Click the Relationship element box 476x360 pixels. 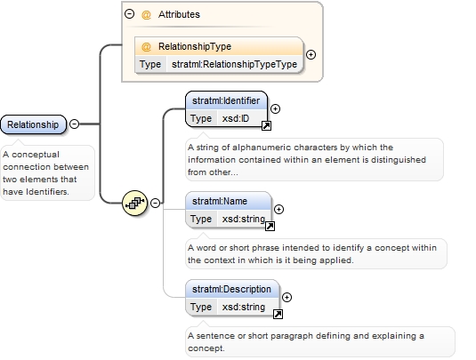(x=33, y=124)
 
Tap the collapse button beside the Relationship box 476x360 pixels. (x=75, y=124)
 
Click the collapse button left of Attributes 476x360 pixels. (x=130, y=13)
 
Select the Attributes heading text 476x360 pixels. (x=179, y=14)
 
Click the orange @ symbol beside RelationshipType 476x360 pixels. (x=146, y=47)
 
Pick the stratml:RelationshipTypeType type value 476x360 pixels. (x=234, y=64)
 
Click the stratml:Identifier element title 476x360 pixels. (x=226, y=100)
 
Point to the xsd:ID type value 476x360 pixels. (x=236, y=118)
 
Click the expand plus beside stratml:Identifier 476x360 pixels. (x=275, y=108)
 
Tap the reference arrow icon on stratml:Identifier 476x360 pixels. (x=266, y=125)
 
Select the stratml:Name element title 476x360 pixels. (x=220, y=201)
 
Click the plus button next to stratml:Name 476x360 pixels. (x=278, y=209)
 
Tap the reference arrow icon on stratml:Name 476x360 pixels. (x=270, y=226)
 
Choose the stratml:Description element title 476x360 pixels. (x=231, y=289)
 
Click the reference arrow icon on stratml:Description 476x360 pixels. (x=278, y=314)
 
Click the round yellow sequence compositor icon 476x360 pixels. (x=134, y=203)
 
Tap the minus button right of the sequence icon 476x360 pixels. (x=155, y=203)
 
